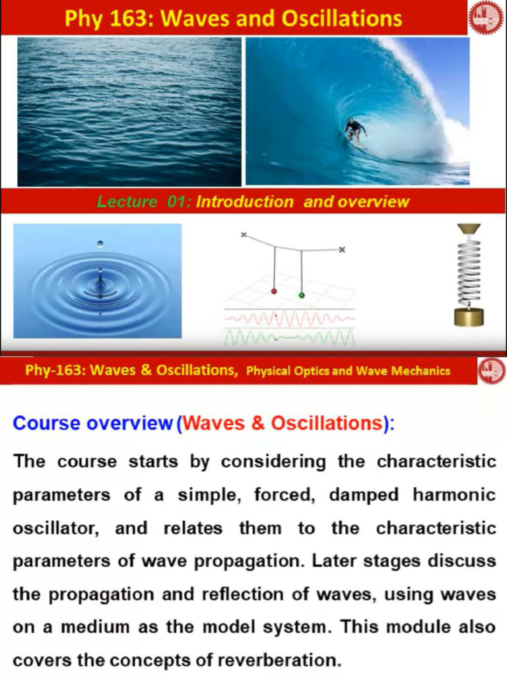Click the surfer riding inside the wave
(355, 130)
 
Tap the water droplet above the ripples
(100, 244)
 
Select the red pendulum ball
(274, 291)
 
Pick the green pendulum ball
(302, 295)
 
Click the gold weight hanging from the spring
(469, 316)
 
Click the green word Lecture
(127, 202)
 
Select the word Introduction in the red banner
(244, 202)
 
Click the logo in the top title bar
(486, 18)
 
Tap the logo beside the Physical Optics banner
(490, 370)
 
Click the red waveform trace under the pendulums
(289, 319)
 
